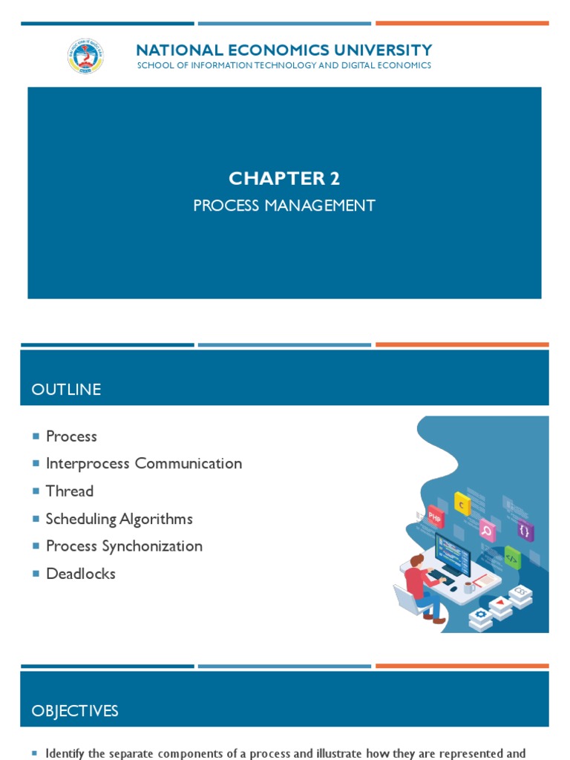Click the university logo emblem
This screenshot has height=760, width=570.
point(85,56)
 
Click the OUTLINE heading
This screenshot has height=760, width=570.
point(66,390)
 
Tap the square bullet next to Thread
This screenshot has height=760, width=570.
point(36,491)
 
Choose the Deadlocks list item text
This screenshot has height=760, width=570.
point(81,574)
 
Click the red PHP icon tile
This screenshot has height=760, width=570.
point(435,516)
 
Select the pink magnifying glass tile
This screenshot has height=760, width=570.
point(487,530)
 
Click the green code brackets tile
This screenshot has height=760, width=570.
point(512,557)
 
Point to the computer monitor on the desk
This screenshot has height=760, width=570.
point(453,554)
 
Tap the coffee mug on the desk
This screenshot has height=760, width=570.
point(468,586)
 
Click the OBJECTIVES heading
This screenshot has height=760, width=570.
point(75,711)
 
